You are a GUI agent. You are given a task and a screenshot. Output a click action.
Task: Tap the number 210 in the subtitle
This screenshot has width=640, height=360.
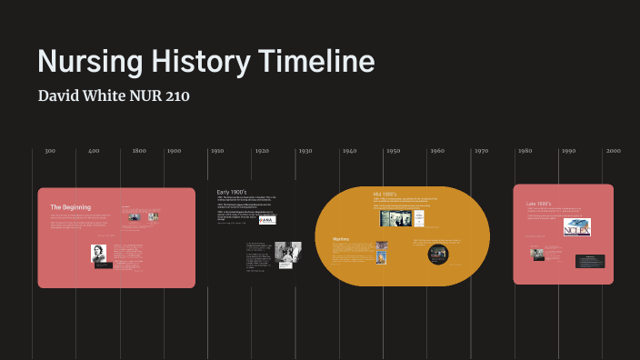pos(176,95)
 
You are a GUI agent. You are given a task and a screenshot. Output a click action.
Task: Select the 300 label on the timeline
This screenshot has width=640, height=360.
pos(50,151)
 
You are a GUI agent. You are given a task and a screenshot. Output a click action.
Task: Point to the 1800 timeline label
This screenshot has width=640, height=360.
pos(139,151)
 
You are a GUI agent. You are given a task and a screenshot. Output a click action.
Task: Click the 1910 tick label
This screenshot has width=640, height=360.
pos(217,151)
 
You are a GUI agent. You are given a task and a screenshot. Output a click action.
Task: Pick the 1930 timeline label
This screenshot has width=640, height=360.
pos(305,151)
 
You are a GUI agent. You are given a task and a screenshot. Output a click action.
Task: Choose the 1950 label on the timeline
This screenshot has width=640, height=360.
pos(393,151)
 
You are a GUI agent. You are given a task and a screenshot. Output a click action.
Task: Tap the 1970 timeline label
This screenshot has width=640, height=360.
pos(481,151)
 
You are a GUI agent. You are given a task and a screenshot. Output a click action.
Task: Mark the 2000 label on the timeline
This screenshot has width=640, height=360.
pos(613,151)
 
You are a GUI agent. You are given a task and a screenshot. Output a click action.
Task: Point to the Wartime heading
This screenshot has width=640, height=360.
pos(341,240)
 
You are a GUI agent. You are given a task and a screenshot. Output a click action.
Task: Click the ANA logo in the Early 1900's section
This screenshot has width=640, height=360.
pos(267,219)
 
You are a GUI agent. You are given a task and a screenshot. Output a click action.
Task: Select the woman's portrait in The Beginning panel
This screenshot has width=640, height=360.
pos(99,253)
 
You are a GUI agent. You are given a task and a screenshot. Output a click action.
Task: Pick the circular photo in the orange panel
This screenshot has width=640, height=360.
pos(438,254)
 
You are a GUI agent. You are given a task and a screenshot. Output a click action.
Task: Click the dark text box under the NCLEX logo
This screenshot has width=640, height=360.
pos(589,261)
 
